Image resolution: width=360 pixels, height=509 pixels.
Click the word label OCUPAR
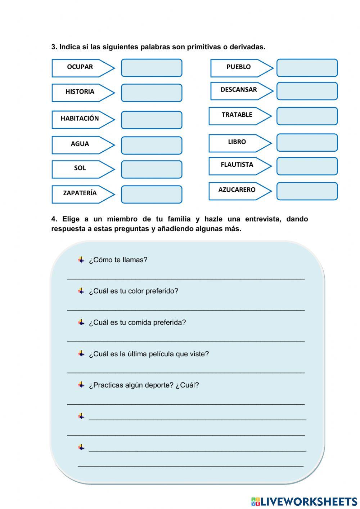[80, 67]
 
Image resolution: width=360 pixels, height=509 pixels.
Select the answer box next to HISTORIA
[152, 93]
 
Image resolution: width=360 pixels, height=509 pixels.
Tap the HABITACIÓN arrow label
[80, 119]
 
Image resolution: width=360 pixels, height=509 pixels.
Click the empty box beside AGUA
[152, 146]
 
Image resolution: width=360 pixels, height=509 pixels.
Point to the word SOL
[80, 168]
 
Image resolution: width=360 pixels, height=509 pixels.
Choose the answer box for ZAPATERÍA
[152, 195]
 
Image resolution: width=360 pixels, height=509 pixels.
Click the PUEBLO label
[238, 67]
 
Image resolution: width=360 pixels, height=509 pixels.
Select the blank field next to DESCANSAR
[307, 91]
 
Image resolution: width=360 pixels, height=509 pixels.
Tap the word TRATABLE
[237, 115]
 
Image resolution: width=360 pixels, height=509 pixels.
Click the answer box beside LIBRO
[307, 143]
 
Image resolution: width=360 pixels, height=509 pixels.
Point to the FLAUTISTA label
[237, 165]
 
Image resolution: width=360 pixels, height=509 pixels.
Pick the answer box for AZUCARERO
[307, 191]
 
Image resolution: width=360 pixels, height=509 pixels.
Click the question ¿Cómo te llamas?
[118, 260]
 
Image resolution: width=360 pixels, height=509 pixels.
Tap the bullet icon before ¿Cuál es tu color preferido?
[81, 291]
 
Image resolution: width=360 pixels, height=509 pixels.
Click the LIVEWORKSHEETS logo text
[309, 501]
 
